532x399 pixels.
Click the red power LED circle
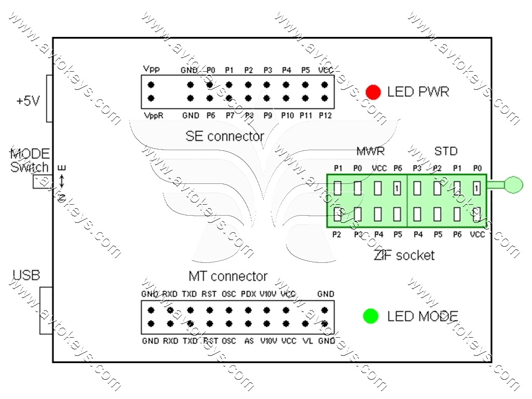373,92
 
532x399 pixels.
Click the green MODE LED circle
370,316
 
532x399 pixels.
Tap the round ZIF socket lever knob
514,184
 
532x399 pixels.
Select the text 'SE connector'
224,137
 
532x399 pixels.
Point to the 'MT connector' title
228,276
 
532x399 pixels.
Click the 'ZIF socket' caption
404,255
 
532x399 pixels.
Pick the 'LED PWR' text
418,92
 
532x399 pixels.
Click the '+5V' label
28,101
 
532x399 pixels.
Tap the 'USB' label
26,275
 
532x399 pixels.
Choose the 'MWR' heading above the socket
370,152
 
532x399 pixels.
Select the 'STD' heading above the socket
446,152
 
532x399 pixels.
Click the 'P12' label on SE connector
325,115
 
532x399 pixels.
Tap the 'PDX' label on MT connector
248,294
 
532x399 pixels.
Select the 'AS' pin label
249,341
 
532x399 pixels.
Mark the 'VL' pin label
307,341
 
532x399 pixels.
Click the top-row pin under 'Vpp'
151,84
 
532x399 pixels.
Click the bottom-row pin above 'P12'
325,98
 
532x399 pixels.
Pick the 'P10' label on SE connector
286,115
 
